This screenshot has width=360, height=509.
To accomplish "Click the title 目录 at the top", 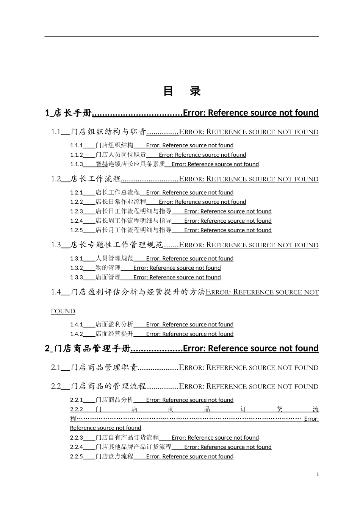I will point(182,91).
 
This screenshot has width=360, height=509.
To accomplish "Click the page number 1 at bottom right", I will point(318,474).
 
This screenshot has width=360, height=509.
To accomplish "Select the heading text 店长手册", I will point(72,113).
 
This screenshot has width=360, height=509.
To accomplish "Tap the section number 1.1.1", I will point(76,145).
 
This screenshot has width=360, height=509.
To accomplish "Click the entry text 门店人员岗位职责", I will point(121,155).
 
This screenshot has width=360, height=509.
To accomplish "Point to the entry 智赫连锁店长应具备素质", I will point(130,164).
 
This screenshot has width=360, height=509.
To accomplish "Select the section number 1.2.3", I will point(76,211).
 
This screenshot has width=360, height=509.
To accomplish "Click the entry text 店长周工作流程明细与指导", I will point(133,221).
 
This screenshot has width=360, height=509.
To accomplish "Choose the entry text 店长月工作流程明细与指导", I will point(133,230).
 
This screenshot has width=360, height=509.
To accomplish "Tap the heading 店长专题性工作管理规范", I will point(116,245).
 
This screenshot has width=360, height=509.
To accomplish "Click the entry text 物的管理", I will point(108,268).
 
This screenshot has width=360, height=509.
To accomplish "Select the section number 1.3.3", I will point(76,277).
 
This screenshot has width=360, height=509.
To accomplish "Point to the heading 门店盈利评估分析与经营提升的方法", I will point(138,292).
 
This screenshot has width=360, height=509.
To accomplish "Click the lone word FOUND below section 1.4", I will point(63,311).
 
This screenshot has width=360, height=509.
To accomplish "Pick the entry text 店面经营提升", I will point(114,334).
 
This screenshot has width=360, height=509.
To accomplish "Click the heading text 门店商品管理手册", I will point(92,348).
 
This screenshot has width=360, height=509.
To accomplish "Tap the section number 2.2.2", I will point(76,409).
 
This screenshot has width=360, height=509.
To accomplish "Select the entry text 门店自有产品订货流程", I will point(127,438).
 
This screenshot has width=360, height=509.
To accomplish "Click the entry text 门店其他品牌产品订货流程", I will point(133,447).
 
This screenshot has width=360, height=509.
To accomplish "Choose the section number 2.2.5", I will point(76,457).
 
